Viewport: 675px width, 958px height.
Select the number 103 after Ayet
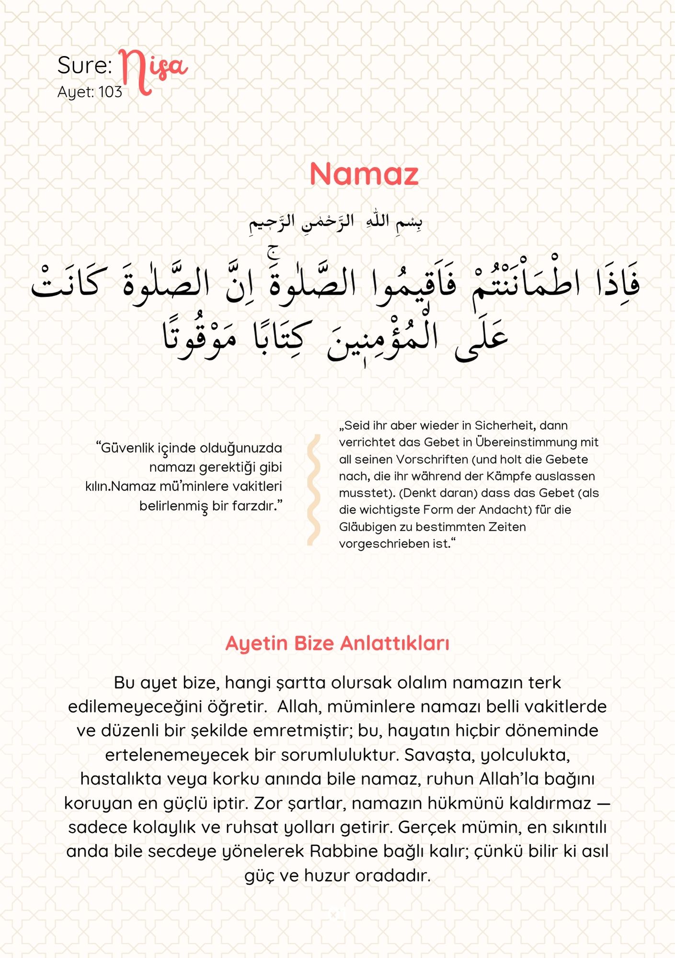[111, 92]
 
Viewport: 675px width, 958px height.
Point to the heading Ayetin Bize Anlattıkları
[337, 643]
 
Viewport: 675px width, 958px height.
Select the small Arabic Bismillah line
[335, 223]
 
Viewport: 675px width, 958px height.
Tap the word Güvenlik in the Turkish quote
[126, 448]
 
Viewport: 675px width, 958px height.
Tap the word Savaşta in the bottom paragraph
[440, 755]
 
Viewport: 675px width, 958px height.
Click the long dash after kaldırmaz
[604, 803]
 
